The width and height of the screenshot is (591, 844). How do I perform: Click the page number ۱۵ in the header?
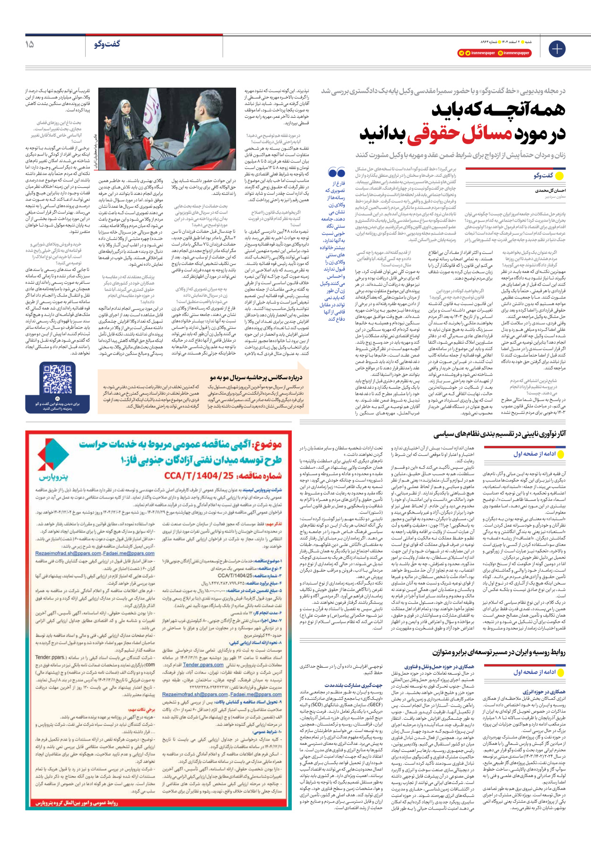point(29,44)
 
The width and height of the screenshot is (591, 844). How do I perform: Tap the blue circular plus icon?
point(557,49)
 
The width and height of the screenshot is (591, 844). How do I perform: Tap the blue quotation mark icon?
point(336,173)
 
